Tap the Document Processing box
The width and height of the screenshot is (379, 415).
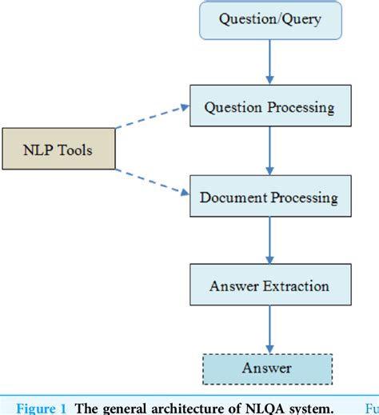[x=269, y=197]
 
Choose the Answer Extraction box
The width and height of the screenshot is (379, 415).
[x=269, y=285]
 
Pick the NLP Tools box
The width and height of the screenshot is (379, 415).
[x=58, y=148]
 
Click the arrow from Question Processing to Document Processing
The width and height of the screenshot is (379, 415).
[x=269, y=152]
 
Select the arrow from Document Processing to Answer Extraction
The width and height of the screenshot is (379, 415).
[x=269, y=241]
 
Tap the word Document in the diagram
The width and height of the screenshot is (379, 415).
[x=230, y=197]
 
